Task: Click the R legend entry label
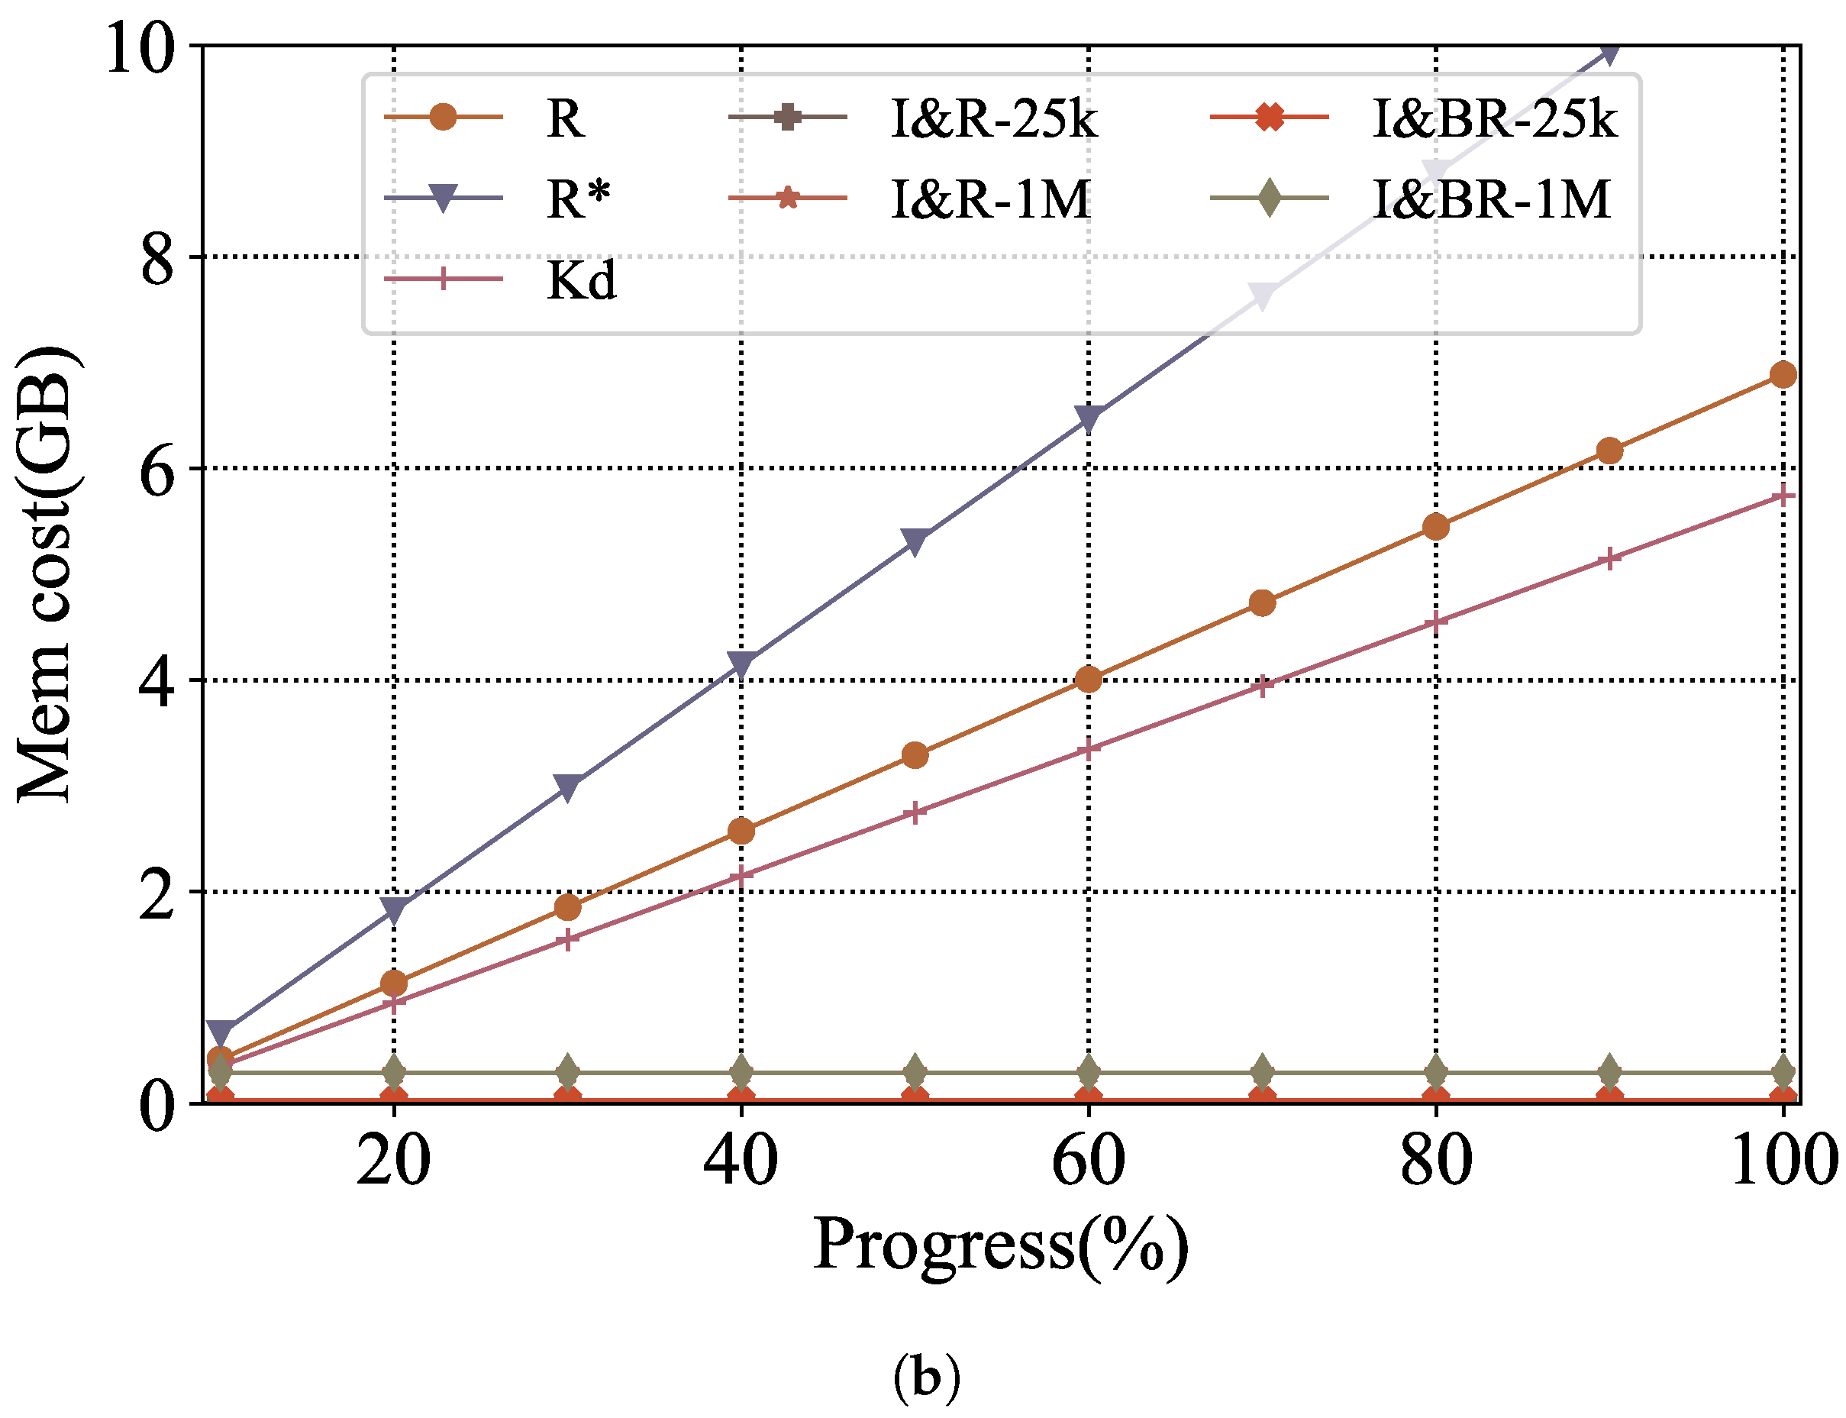[x=564, y=118]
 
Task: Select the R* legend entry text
[x=578, y=199]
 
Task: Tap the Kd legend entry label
[x=581, y=280]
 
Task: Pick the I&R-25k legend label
[x=994, y=118]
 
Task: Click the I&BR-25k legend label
[x=1494, y=118]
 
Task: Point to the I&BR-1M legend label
[x=1492, y=199]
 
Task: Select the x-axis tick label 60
[x=1087, y=1161]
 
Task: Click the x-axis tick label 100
[x=1783, y=1161]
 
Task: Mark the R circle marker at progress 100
[x=1782, y=375]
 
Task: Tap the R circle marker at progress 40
[x=741, y=832]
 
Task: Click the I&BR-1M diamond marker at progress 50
[x=915, y=1072]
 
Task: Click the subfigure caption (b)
[x=925, y=1378]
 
